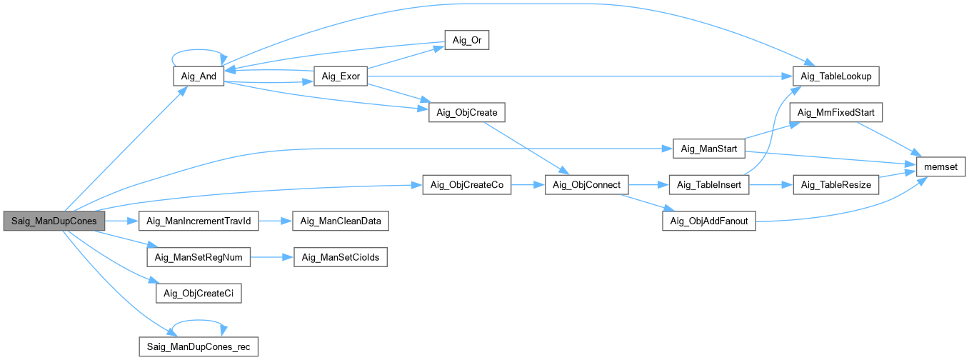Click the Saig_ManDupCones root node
pyautogui.click(x=54, y=221)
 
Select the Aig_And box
pyautogui.click(x=199, y=76)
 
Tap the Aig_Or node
pyautogui.click(x=466, y=41)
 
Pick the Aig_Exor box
pyautogui.click(x=340, y=76)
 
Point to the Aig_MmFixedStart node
pyautogui.click(x=836, y=113)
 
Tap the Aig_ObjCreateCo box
pyautogui.click(x=467, y=185)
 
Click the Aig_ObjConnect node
pyautogui.click(x=587, y=185)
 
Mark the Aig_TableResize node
pyautogui.click(x=836, y=185)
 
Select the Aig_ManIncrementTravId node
pyautogui.click(x=198, y=221)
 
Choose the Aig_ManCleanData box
pyautogui.click(x=341, y=221)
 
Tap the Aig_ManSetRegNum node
pyautogui.click(x=199, y=257)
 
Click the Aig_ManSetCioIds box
pyautogui.click(x=341, y=257)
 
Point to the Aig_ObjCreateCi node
pyautogui.click(x=199, y=293)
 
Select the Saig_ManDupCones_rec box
pyautogui.click(x=199, y=348)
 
